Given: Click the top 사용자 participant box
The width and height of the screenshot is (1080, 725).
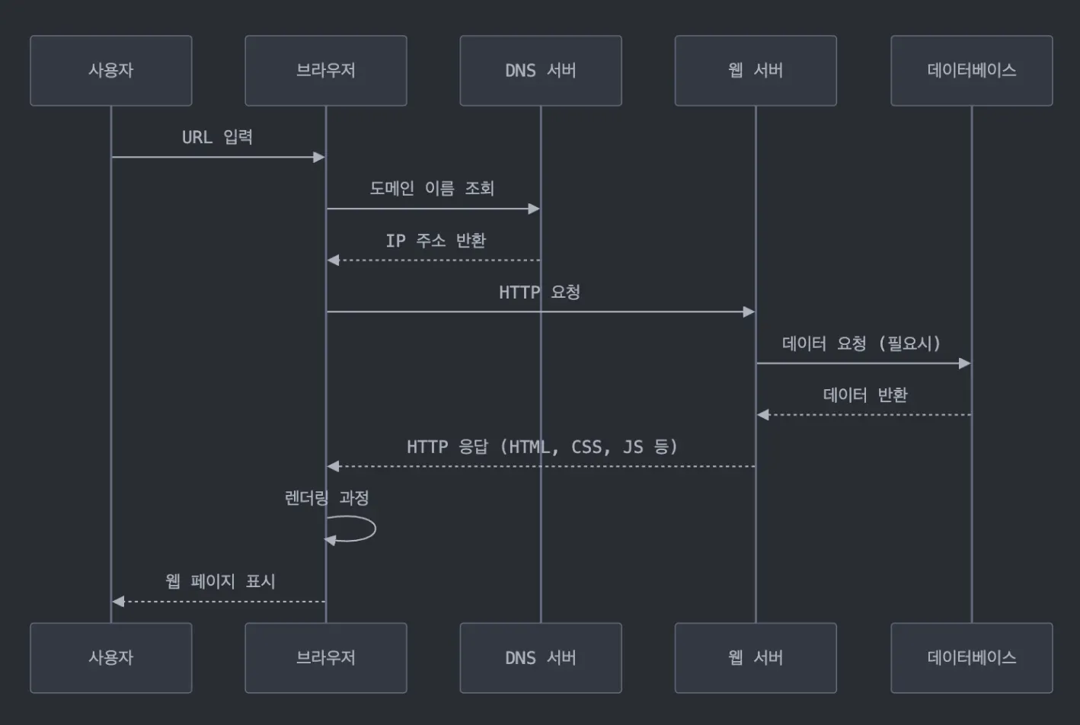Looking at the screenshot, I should click(x=111, y=71).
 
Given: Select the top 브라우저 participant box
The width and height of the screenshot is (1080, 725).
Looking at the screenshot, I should click(x=326, y=71).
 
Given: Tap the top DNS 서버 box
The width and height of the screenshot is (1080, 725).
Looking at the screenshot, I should click(x=541, y=71).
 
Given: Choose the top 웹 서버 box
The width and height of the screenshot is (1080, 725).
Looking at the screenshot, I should click(x=756, y=71).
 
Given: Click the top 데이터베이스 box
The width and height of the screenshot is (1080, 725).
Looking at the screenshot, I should click(x=971, y=71).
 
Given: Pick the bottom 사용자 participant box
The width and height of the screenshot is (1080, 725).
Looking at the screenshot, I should click(x=111, y=658).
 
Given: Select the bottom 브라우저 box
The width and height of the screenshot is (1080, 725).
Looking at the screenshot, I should click(x=326, y=658).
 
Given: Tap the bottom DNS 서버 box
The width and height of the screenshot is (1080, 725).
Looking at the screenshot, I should click(x=541, y=658).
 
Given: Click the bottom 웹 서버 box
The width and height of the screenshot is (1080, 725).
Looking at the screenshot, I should click(x=756, y=658).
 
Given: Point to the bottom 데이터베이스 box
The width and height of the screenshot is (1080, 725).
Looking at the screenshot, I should click(x=971, y=658).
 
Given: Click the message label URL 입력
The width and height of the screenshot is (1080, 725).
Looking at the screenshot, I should click(x=217, y=137).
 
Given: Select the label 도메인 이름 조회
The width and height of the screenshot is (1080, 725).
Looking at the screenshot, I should click(x=432, y=188).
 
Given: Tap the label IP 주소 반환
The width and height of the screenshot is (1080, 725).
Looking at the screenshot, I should click(x=436, y=241).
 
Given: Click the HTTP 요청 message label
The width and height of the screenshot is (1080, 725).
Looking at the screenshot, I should click(x=539, y=292).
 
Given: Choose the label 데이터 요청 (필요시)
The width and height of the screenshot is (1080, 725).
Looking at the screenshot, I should click(x=861, y=343).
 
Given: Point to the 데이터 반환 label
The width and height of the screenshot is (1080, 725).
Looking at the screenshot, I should click(x=865, y=395).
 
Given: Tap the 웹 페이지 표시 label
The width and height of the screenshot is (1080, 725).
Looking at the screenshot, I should click(x=220, y=581).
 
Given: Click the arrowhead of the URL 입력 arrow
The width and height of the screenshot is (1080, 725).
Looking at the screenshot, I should click(x=319, y=158).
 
